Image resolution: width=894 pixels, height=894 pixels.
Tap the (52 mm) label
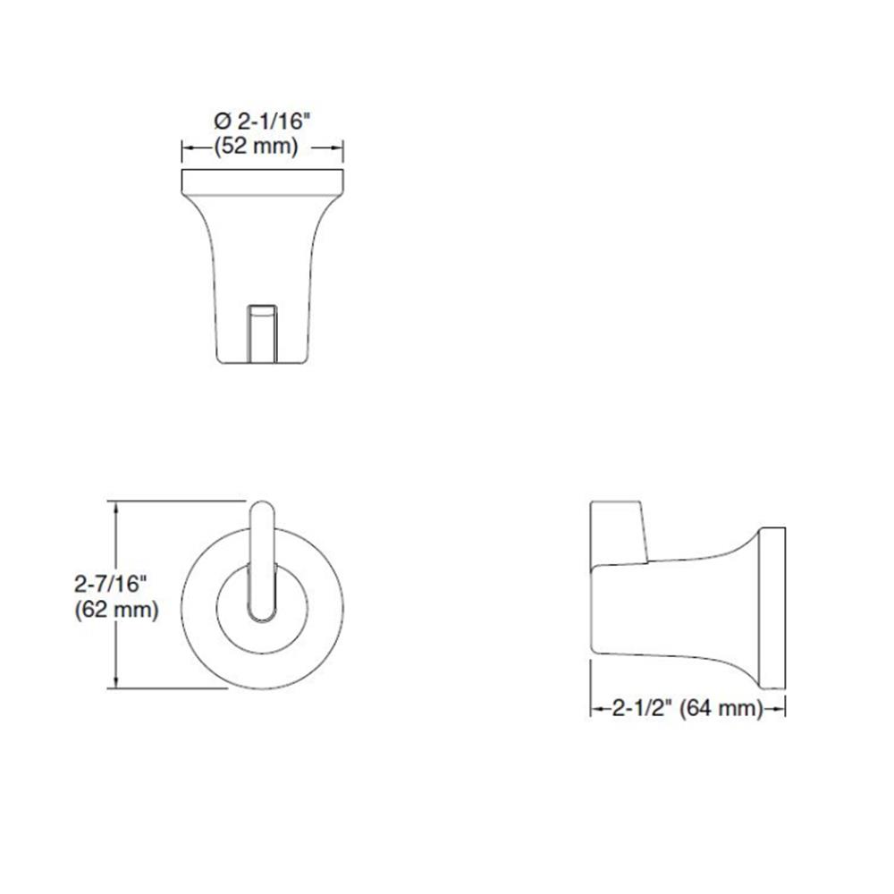coord(256,147)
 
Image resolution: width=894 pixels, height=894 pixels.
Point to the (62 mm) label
coord(115,611)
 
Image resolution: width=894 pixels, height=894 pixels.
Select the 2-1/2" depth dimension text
coord(644,710)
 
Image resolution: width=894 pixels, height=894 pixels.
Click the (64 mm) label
coord(721,710)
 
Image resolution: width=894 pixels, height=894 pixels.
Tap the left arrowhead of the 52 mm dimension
coord(188,148)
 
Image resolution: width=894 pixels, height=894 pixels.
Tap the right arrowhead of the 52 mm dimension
coord(339,148)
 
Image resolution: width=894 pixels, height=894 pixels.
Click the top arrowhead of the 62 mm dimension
coord(114,506)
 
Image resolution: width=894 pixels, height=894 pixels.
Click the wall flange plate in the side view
coord(772,609)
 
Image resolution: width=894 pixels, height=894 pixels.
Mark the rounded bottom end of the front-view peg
coord(263,612)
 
